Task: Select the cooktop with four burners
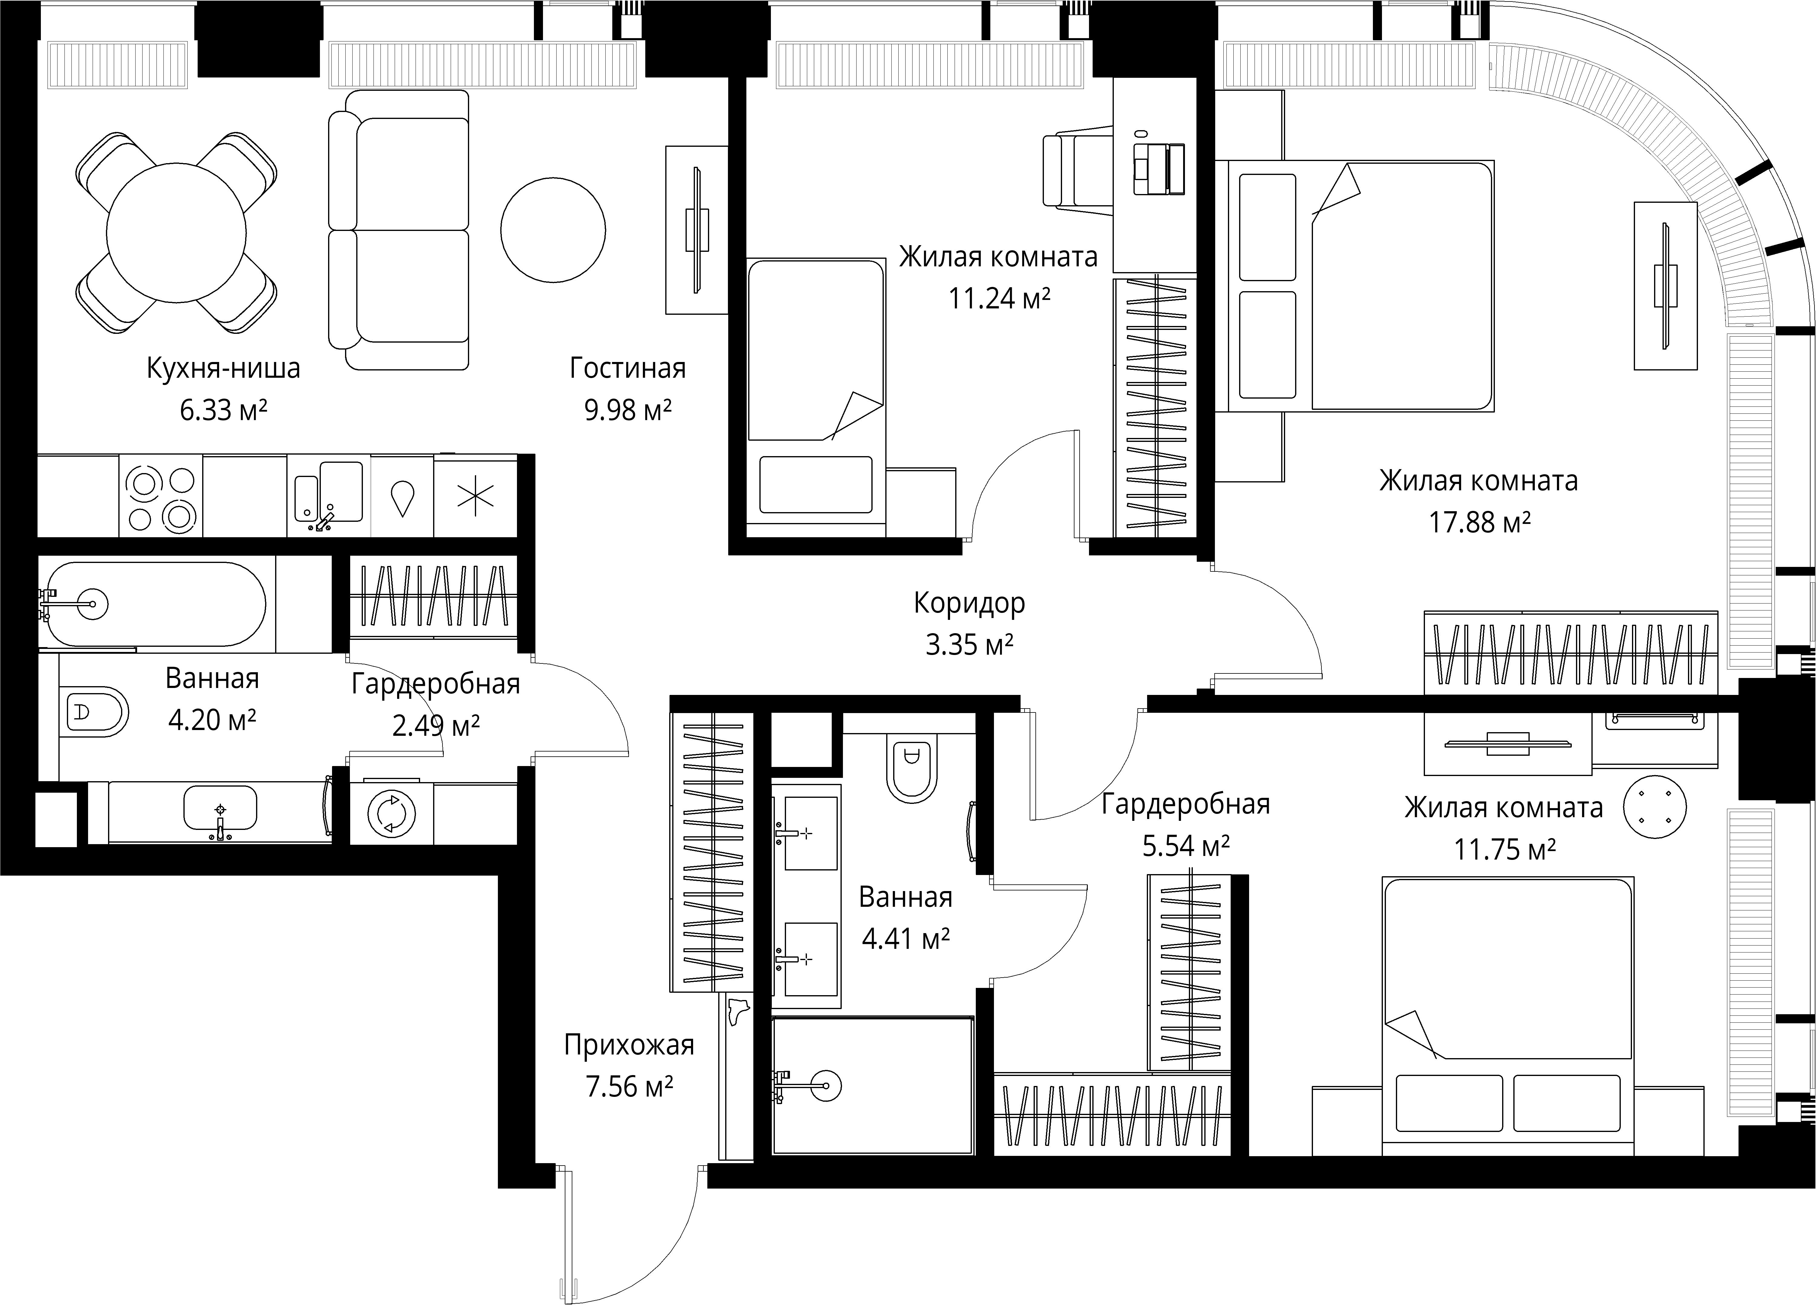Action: (161, 496)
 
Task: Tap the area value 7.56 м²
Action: (629, 1087)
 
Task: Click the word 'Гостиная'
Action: (628, 368)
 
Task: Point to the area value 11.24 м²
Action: (999, 299)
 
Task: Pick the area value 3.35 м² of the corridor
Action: (970, 645)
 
